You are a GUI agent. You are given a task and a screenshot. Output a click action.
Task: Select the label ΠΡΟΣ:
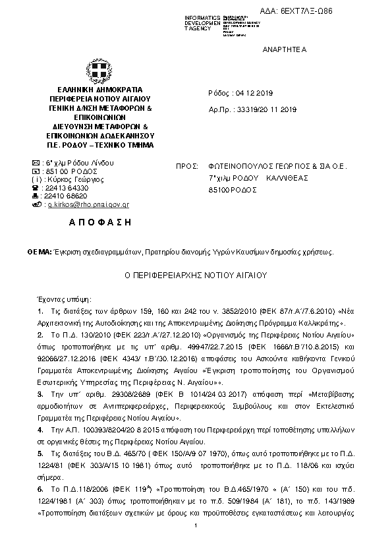point(188,167)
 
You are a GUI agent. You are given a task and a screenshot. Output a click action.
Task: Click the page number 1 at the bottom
point(196,542)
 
